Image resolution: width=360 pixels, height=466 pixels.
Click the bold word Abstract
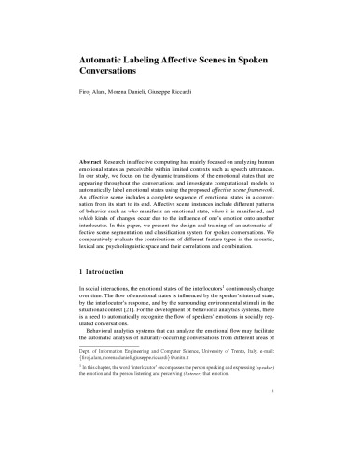pos(94,149)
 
